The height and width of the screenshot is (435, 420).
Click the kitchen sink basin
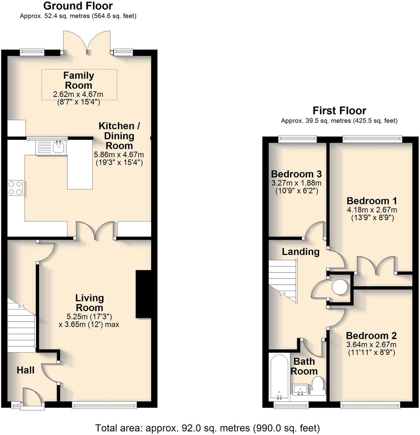(58, 147)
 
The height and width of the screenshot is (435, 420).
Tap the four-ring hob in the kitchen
(15, 188)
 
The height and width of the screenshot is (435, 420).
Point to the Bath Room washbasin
(300, 389)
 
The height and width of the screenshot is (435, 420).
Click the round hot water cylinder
(340, 287)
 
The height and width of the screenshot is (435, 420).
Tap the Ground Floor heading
(78, 6)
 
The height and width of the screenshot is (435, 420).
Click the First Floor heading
(339, 111)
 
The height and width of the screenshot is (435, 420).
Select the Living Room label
(89, 303)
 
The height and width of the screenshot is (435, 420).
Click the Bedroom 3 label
(296, 174)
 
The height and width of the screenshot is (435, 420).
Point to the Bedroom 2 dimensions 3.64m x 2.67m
(371, 345)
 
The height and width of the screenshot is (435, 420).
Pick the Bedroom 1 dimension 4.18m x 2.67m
(372, 210)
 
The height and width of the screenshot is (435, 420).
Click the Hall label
(25, 370)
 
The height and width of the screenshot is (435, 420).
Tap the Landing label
(300, 252)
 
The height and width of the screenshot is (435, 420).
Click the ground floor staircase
(21, 324)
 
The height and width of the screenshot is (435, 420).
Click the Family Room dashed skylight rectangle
(79, 84)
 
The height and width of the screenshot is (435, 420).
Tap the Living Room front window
(104, 405)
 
